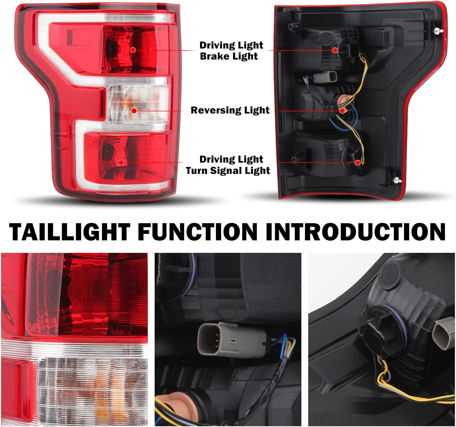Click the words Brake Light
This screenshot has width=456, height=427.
pyautogui.click(x=229, y=56)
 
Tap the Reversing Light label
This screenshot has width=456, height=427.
pyautogui.click(x=230, y=110)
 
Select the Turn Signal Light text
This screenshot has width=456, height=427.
pyautogui.click(x=228, y=170)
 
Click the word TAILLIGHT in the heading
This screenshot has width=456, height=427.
pyautogui.click(x=70, y=232)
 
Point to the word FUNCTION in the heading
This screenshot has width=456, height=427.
pyautogui.click(x=198, y=232)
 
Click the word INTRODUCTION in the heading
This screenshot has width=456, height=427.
pyautogui.click(x=355, y=232)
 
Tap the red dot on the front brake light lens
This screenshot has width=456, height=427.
pyautogui.click(x=133, y=50)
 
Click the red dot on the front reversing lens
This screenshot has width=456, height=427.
pyautogui.click(x=134, y=111)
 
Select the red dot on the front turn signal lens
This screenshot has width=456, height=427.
pyautogui.click(x=121, y=162)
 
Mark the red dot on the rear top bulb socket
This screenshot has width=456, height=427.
pyautogui.click(x=335, y=50)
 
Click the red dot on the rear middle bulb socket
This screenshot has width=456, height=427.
pyautogui.click(x=342, y=111)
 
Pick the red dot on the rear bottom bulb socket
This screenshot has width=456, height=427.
pyautogui.click(x=358, y=163)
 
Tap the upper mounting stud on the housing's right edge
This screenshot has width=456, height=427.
pyautogui.click(x=437, y=31)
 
